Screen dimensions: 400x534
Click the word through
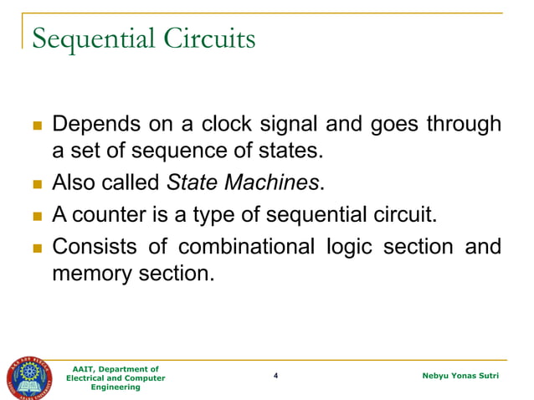click(465, 126)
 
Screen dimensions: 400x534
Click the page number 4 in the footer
click(275, 377)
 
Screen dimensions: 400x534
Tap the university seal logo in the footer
click(31, 377)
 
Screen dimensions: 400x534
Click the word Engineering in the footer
click(116, 387)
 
